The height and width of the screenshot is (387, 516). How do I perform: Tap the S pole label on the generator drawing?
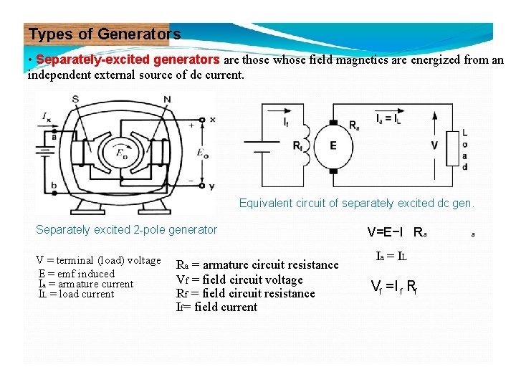(x=76, y=99)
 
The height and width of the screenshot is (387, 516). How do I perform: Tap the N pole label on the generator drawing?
(x=167, y=99)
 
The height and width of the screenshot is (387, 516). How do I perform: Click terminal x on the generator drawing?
(x=211, y=119)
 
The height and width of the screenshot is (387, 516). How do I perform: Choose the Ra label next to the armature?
(x=355, y=125)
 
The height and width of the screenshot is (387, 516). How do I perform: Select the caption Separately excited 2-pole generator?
(x=126, y=230)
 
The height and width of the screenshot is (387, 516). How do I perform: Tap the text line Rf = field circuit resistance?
(x=245, y=293)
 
